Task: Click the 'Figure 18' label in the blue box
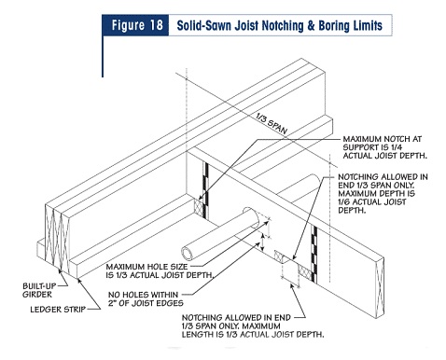coord(137,25)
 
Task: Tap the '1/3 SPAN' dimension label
coord(272,124)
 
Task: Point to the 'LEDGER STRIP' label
coord(58,310)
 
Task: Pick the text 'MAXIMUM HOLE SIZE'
coord(146,267)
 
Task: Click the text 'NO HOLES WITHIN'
coord(143,295)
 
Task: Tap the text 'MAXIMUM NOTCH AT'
coord(383,139)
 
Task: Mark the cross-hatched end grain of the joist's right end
coord(380,287)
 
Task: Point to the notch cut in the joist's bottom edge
coord(286,259)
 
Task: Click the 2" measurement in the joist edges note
coord(112,303)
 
